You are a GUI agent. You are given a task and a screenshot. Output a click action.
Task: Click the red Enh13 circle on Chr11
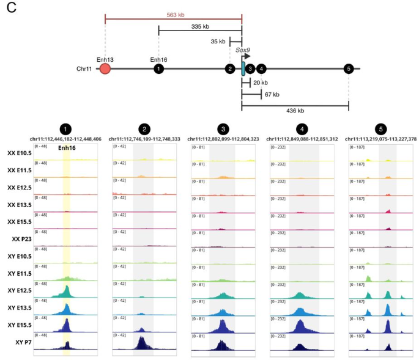pyautogui.click(x=105, y=68)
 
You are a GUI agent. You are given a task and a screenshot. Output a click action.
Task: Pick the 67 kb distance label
pyautogui.click(x=271, y=95)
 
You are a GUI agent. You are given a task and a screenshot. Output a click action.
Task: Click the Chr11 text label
pyautogui.click(x=85, y=69)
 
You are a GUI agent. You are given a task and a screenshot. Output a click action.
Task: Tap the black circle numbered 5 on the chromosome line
pyautogui.click(x=349, y=68)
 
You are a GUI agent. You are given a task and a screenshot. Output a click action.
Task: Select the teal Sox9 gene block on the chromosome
pyautogui.click(x=243, y=68)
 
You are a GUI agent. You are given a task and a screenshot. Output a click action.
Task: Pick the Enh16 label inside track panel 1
pyautogui.click(x=67, y=147)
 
